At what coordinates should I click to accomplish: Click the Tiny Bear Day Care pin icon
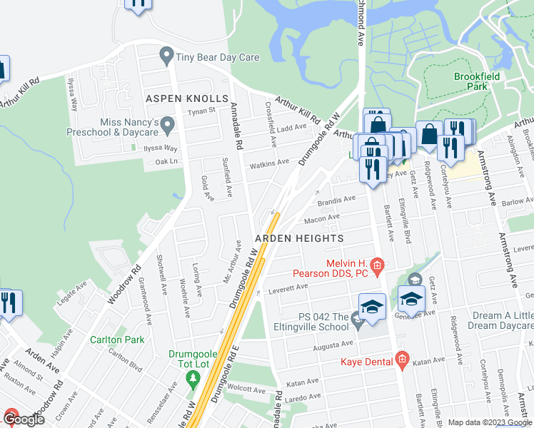click(167, 54)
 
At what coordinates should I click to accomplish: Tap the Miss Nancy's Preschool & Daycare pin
click(167, 126)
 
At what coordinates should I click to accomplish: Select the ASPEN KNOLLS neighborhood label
click(186, 98)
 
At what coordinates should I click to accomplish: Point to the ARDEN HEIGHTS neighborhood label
click(300, 238)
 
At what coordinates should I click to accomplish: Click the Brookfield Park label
click(470, 81)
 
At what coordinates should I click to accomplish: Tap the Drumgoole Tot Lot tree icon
click(192, 379)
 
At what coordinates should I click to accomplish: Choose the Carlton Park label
click(116, 340)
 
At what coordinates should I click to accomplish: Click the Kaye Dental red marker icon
click(402, 362)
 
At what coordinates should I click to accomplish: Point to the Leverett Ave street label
click(288, 288)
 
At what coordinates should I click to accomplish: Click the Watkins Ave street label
click(269, 163)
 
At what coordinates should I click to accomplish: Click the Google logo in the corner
click(23, 419)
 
